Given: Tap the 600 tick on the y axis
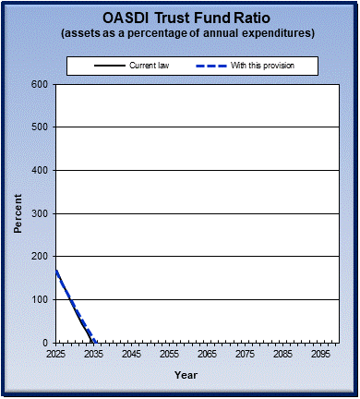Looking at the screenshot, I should point(39,84).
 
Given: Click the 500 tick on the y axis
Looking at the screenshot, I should point(39,127).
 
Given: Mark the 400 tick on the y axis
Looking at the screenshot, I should point(39,170).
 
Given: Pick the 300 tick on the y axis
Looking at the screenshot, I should point(39,213).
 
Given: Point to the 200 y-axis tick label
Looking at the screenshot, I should point(39,256).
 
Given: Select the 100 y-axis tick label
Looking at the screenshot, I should point(39,299).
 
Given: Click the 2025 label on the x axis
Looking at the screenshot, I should point(55,354).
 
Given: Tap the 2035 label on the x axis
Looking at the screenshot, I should point(93,354).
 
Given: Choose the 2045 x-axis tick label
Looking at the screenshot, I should point(131,354).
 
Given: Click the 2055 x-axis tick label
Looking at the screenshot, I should point(169,354).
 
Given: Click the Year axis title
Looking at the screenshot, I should point(186,375).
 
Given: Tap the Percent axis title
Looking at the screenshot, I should point(18,213).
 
